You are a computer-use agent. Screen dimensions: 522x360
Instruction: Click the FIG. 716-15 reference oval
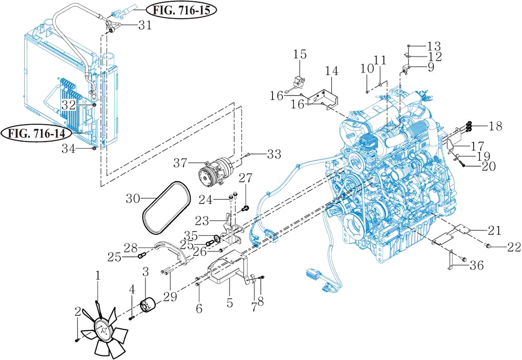181,10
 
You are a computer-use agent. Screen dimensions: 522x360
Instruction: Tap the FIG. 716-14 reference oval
36,134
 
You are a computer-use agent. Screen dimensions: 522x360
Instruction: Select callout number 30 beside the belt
133,199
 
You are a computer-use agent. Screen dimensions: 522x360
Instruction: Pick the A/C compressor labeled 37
216,171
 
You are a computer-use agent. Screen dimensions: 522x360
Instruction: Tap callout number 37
180,163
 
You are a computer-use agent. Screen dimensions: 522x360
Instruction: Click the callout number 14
332,71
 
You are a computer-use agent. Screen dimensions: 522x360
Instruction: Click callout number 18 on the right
495,126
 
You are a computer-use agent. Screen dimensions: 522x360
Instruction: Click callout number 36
476,265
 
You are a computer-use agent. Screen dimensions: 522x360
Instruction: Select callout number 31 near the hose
145,25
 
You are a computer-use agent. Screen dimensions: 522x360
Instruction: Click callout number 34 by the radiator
68,149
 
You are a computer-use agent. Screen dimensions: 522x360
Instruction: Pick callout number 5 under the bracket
229,304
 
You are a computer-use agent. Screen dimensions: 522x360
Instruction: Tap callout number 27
246,178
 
